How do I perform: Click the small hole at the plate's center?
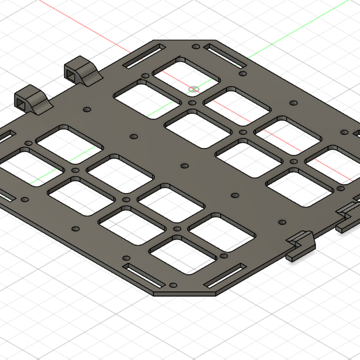tap(184, 165)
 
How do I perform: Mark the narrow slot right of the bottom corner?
tap(225, 273)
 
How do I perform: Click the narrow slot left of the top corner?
tap(145, 56)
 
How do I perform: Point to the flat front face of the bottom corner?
tap(185, 293)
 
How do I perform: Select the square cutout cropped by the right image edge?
tap(333, 165)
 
